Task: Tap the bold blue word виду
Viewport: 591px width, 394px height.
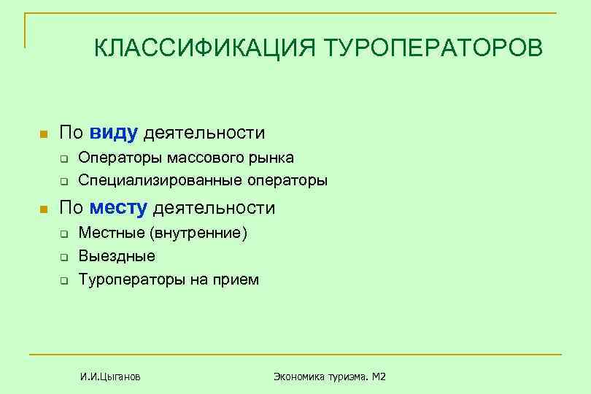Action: (x=114, y=133)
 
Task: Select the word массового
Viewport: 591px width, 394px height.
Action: (x=202, y=158)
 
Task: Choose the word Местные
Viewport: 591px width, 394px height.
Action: (x=111, y=233)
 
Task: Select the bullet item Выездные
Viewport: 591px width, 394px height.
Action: (x=117, y=256)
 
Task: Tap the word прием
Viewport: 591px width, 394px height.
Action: (x=238, y=279)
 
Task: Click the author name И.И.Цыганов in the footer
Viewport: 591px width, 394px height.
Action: (x=111, y=376)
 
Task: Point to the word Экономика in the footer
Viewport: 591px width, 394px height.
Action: (x=299, y=376)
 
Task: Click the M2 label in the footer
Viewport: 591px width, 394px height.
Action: (x=377, y=376)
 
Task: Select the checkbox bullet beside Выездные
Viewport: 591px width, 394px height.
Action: (x=64, y=257)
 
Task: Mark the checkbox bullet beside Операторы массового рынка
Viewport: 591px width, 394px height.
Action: (x=64, y=158)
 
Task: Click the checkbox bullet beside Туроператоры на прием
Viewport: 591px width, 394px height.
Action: (x=64, y=280)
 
